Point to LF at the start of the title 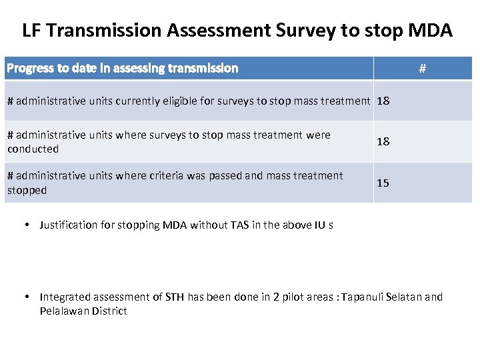[31, 30]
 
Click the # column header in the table [422, 68]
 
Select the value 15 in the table [383, 183]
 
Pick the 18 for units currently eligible [383, 101]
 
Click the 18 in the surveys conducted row [383, 141]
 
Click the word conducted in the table [33, 149]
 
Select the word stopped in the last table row [27, 190]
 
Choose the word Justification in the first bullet [69, 225]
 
